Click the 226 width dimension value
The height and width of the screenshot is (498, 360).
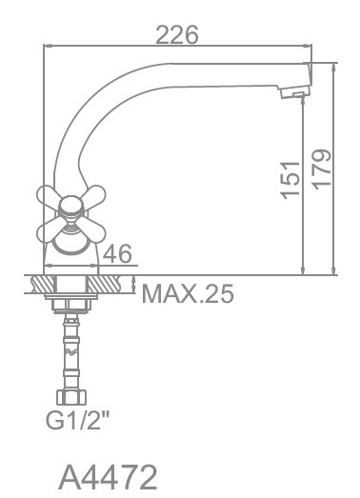tap(177, 34)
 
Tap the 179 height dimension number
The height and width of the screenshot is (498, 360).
tap(322, 169)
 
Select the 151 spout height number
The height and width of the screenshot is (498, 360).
tap(291, 180)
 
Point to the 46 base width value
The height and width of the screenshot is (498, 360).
tap(117, 254)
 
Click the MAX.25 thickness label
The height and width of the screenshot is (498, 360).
tap(188, 293)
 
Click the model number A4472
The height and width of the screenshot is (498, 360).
tap(108, 478)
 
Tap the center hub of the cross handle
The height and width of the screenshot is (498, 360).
tap(70, 207)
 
